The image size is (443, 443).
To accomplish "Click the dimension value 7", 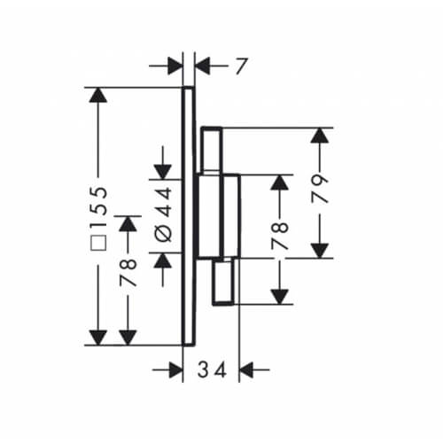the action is pyautogui.click(x=241, y=66).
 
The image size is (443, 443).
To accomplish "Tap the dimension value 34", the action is pyautogui.click(x=212, y=369).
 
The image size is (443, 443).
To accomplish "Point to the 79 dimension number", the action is pyautogui.click(x=320, y=189).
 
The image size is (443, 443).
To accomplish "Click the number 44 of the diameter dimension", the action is pyautogui.click(x=163, y=202).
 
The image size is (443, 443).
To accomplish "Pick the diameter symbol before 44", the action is pyautogui.click(x=163, y=233).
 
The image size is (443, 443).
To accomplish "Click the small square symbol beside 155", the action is pyautogui.click(x=99, y=243).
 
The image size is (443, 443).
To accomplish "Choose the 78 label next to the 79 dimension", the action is pyautogui.click(x=280, y=236).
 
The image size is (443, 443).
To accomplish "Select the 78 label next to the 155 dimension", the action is pyautogui.click(x=128, y=273).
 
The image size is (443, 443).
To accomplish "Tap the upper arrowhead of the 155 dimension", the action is pyautogui.click(x=98, y=95).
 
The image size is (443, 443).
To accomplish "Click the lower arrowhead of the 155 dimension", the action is pyautogui.click(x=98, y=338).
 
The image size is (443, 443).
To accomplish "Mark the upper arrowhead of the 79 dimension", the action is pyautogui.click(x=320, y=136).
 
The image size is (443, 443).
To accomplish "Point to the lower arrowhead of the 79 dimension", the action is pyautogui.click(x=320, y=251).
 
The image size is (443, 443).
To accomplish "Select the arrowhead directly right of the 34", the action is pyautogui.click(x=246, y=369).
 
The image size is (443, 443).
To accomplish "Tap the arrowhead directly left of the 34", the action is pyautogui.click(x=175, y=369).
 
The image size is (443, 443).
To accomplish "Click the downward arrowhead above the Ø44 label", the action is pyautogui.click(x=163, y=172).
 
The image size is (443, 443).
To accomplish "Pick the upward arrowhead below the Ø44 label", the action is pyautogui.click(x=163, y=260).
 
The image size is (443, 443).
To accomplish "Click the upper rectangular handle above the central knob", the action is pyautogui.click(x=212, y=150).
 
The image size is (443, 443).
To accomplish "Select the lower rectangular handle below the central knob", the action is pyautogui.click(x=224, y=282).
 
